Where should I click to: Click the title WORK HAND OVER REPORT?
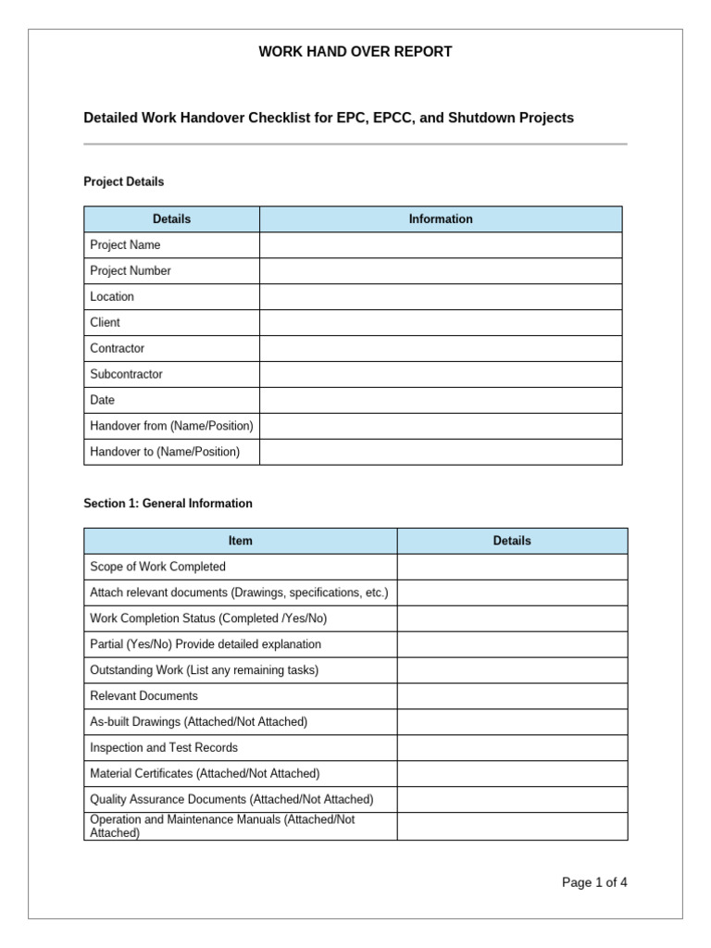tap(355, 52)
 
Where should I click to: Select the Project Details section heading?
tap(124, 182)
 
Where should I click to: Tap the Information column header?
tap(441, 219)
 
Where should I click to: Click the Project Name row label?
tap(125, 245)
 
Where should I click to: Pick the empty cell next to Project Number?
tap(441, 271)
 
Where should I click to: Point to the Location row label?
tap(112, 297)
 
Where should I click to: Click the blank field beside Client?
tap(441, 323)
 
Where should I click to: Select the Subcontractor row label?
tap(126, 375)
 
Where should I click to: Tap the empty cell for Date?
tap(441, 401)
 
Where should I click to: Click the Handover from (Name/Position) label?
tap(171, 427)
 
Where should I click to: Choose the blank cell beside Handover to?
tap(441, 453)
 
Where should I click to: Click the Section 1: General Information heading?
tap(168, 504)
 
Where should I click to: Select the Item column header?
tap(241, 542)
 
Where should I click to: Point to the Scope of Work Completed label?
tap(157, 567)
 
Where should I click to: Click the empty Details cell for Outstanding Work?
tap(512, 670)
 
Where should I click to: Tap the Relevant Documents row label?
tap(143, 696)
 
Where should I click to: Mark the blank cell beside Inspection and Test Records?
tap(512, 748)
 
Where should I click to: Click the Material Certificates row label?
tap(204, 774)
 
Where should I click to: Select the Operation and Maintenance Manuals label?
tap(222, 826)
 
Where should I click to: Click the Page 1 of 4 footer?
tap(594, 882)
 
